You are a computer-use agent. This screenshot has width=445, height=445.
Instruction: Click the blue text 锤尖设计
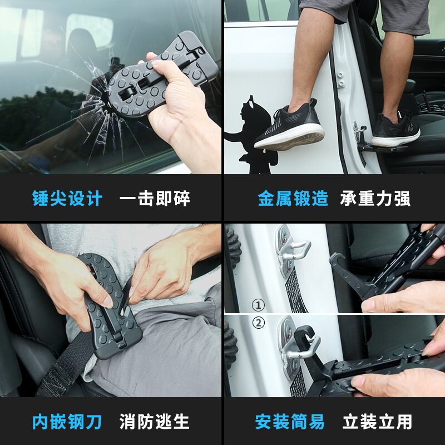pyautogui.click(x=67, y=199)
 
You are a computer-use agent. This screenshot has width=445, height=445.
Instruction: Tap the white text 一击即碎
pyautogui.click(x=155, y=199)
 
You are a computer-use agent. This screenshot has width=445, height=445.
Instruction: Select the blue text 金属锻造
pyautogui.click(x=293, y=199)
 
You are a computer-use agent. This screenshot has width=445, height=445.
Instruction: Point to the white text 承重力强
pyautogui.click(x=375, y=199)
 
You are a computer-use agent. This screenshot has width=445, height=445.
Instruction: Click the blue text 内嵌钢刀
pyautogui.click(x=67, y=422)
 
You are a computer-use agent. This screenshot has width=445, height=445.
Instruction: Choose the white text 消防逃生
pyautogui.click(x=155, y=422)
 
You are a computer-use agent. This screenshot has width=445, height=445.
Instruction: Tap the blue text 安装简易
pyautogui.click(x=290, y=422)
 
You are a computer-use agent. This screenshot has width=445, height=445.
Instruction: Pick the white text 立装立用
pyautogui.click(x=378, y=422)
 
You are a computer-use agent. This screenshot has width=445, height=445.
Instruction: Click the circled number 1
pyautogui.click(x=258, y=305)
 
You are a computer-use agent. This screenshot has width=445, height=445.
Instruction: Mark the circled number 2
pyautogui.click(x=258, y=323)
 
